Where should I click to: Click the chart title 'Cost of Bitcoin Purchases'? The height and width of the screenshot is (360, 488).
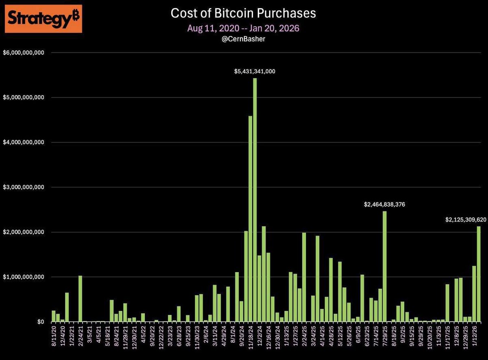click(243, 13)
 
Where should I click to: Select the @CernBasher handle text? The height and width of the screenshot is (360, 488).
click(243, 39)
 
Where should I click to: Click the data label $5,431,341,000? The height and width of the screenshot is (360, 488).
click(255, 71)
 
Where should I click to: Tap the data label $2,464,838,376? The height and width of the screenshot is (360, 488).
click(384, 205)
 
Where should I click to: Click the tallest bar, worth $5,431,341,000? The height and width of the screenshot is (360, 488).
click(255, 199)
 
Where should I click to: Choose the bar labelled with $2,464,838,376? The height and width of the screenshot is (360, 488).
click(385, 266)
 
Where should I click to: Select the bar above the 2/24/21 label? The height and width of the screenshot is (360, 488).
click(80, 299)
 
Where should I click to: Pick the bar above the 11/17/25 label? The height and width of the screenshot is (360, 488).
click(447, 303)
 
